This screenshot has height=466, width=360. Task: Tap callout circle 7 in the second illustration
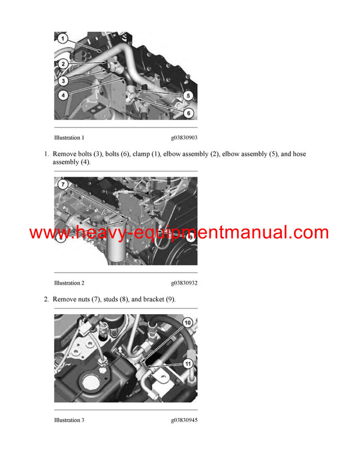pos(64,185)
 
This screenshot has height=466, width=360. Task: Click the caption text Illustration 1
pos(69,138)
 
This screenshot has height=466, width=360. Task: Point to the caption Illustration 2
pos(69,283)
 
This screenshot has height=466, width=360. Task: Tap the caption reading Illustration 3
pos(69,420)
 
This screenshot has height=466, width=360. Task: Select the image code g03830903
pos(184,138)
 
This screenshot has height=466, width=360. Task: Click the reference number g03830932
pos(184,283)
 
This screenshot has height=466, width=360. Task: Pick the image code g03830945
pos(184,420)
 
